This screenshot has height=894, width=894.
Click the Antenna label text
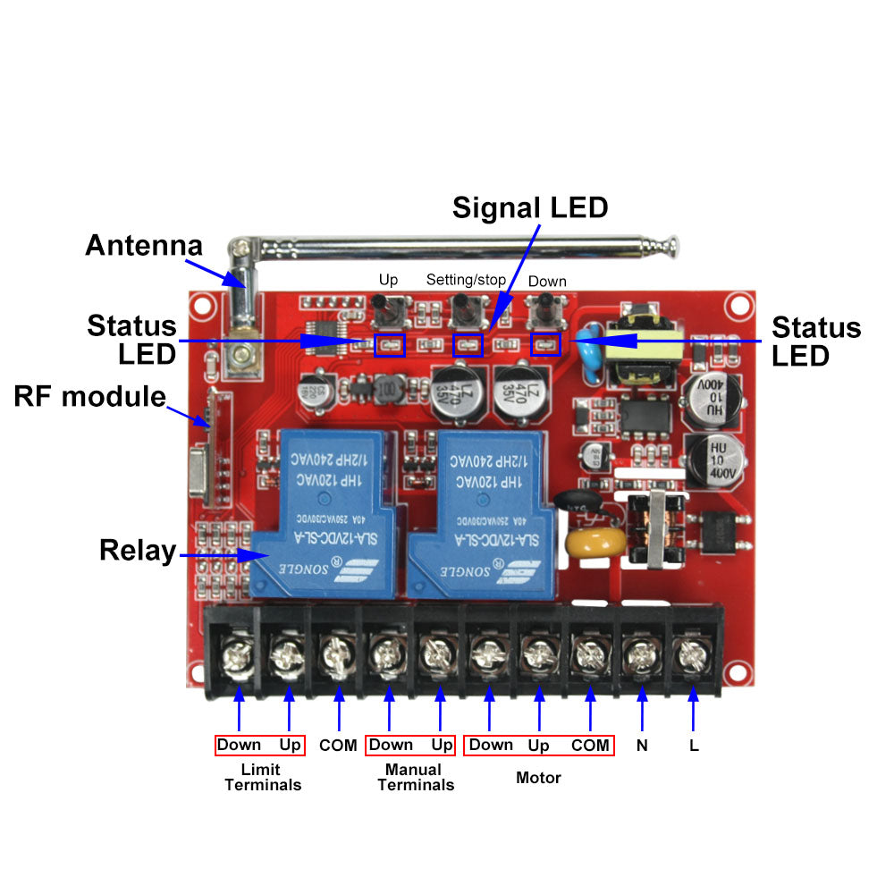143,245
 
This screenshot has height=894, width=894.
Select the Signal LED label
529,207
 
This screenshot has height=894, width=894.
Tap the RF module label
89,396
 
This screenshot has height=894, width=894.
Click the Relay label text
137,550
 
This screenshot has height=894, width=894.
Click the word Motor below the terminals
538,778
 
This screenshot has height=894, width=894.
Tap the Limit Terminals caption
262,777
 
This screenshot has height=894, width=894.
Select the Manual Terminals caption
415,777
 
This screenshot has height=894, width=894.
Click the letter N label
641,745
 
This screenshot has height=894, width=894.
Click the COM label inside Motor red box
590,745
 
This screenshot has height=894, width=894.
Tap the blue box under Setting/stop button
468,345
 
